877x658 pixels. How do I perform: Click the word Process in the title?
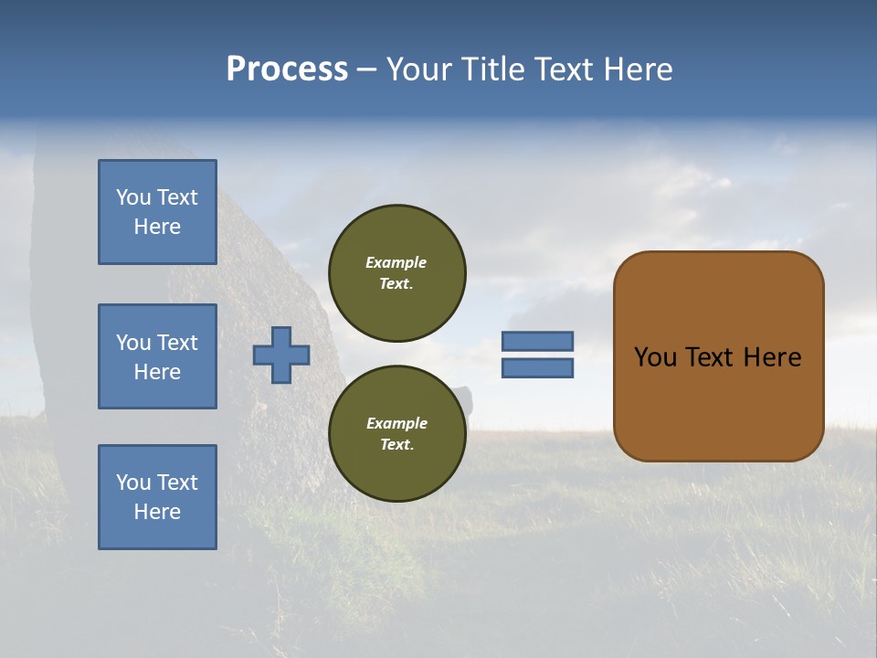287,69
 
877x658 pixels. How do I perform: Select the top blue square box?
157,212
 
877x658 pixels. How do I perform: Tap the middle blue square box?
157,356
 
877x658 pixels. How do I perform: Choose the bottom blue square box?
157,497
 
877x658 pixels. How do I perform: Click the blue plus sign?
281,355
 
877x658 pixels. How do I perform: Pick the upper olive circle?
396,273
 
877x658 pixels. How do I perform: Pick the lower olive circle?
396,434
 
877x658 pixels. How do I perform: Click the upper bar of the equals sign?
537,341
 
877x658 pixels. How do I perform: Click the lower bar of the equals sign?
537,367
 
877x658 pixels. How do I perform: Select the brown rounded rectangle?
718,356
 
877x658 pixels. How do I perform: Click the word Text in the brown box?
711,357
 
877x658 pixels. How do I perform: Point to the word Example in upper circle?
396,262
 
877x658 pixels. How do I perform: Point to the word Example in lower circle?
396,423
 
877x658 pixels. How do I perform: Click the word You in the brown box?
656,357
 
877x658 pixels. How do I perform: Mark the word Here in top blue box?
157,227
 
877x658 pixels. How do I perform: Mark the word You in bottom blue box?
133,483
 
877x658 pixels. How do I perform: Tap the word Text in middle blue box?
177,343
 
